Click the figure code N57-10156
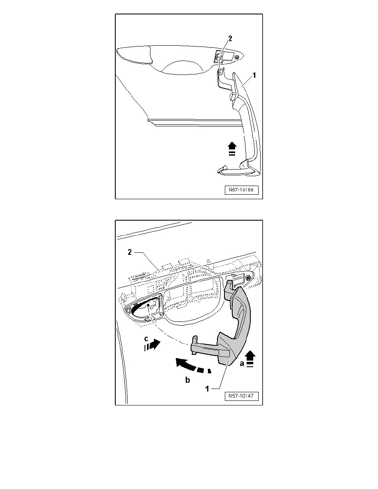tap(241, 190)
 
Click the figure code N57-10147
tap(241, 396)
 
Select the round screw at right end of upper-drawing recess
tap(236, 57)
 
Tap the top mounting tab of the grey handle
tap(229, 284)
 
